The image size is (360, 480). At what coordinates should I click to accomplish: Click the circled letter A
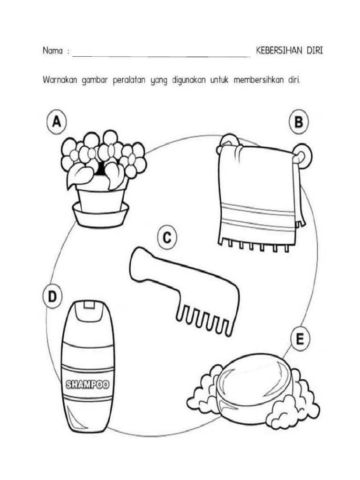point(56,122)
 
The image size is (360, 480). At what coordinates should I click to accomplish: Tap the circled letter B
point(299,122)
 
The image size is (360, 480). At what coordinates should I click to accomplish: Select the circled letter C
point(167,238)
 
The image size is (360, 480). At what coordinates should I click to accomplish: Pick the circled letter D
point(52,296)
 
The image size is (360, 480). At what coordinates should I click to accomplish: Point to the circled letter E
point(300,339)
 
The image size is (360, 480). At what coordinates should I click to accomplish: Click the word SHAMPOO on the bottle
point(88,384)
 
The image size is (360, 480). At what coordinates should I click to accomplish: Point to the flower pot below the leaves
point(101,199)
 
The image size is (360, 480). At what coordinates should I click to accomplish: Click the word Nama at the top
point(52,51)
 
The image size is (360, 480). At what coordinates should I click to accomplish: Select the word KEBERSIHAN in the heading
point(278,51)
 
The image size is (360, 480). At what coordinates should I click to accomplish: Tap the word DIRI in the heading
point(315,51)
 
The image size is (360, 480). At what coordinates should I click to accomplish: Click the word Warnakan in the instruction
point(60,81)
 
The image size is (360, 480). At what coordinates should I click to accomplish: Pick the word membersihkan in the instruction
point(259,81)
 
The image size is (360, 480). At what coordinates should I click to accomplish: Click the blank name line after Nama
point(161,57)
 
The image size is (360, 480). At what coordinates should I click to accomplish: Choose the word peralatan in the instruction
point(129,81)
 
